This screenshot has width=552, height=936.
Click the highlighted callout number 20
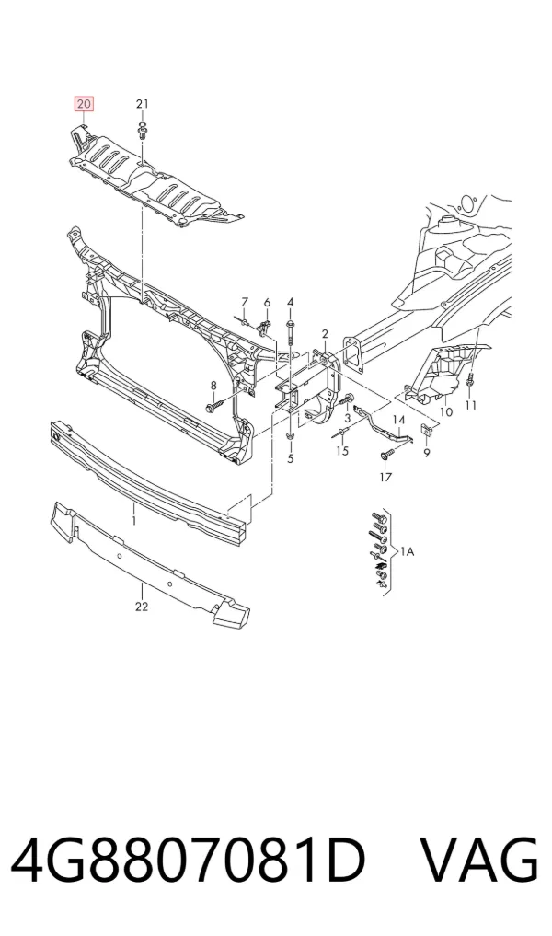84,104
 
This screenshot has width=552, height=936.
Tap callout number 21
142,104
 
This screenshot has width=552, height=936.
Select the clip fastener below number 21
143,130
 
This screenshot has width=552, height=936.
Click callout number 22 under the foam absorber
142,607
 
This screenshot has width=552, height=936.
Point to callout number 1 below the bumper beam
134,521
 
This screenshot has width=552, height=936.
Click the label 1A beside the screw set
407,552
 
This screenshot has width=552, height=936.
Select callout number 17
385,477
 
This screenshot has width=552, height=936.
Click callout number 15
342,451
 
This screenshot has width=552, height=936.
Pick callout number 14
398,421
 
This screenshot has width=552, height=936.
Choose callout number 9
427,453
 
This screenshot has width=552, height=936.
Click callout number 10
446,412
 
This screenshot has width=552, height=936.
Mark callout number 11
471,405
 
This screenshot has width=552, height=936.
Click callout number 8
213,385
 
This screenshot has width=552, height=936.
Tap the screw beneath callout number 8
213,407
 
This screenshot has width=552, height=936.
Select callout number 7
244,302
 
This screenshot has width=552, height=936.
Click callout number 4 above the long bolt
291,302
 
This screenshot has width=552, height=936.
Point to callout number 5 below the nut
291,458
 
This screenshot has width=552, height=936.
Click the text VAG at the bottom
480,861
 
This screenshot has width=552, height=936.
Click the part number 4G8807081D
188,861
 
